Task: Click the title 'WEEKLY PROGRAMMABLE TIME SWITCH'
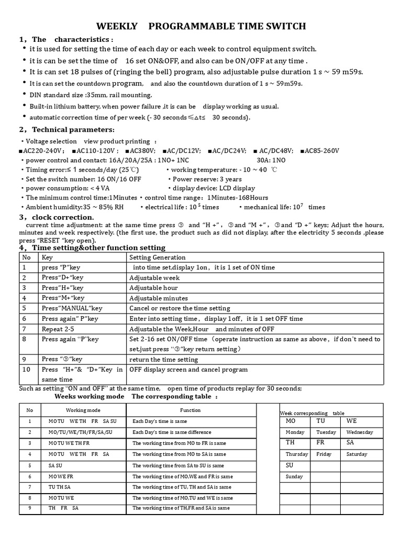(x=201, y=27)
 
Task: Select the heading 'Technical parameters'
(x=73, y=130)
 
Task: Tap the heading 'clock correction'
(x=63, y=217)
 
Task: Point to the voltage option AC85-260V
(x=321, y=151)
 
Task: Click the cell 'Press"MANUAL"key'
(x=72, y=308)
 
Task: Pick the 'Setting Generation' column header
(x=158, y=258)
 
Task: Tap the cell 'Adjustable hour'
(x=153, y=288)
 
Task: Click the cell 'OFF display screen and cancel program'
(x=188, y=370)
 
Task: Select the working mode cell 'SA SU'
(x=55, y=465)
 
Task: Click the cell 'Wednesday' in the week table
(x=360, y=432)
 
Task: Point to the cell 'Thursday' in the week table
(x=297, y=454)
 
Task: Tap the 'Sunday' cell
(x=295, y=477)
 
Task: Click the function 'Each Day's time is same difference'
(x=172, y=432)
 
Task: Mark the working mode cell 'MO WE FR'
(x=61, y=476)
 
